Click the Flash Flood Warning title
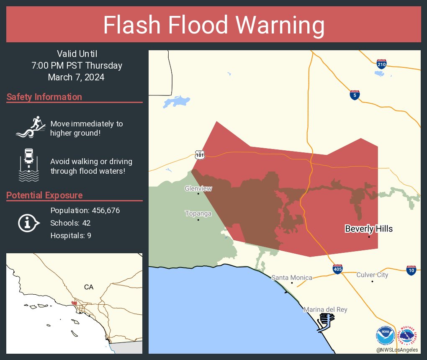click(213, 25)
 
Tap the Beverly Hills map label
click(368, 229)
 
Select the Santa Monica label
click(292, 278)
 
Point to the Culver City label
click(372, 275)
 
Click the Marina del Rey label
click(325, 310)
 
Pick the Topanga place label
click(198, 213)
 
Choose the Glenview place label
click(198, 189)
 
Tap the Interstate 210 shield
click(381, 64)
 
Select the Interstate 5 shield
click(355, 95)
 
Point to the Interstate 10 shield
click(411, 270)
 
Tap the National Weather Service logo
click(409, 335)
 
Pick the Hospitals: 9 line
click(71, 236)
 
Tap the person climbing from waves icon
click(30, 127)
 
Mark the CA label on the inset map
click(88, 287)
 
